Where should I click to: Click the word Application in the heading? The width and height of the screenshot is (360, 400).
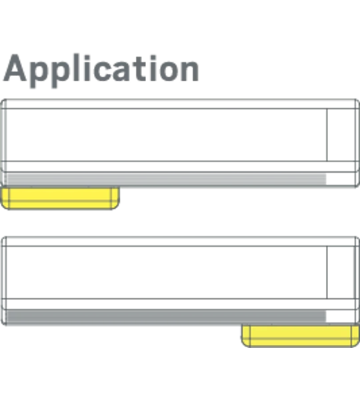click(x=101, y=70)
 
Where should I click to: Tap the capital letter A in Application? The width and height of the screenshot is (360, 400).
click(x=15, y=68)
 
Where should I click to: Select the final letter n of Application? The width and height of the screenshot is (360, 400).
click(x=188, y=71)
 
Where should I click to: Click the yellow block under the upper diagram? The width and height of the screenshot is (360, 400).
click(x=60, y=198)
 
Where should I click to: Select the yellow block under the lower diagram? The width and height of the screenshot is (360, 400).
click(x=300, y=336)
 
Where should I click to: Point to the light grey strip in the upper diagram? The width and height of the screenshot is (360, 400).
click(x=166, y=179)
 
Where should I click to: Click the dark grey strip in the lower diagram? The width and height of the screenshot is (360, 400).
click(x=166, y=316)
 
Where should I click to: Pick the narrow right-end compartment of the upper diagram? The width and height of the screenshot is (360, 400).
click(x=341, y=135)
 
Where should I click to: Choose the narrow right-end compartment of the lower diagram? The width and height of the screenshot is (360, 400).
click(x=341, y=272)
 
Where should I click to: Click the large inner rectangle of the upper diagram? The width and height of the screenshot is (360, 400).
click(x=167, y=135)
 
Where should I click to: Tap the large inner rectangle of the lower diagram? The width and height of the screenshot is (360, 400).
click(x=167, y=272)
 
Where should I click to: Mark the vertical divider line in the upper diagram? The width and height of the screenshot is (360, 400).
click(x=327, y=135)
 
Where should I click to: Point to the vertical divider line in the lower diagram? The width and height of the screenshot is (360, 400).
click(x=327, y=272)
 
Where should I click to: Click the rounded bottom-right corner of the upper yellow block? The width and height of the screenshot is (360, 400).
click(x=117, y=207)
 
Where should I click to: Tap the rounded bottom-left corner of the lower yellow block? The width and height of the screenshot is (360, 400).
click(x=244, y=345)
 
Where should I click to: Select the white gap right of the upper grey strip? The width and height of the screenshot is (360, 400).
click(x=341, y=179)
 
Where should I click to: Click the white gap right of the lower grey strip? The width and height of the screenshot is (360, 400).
click(x=341, y=316)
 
